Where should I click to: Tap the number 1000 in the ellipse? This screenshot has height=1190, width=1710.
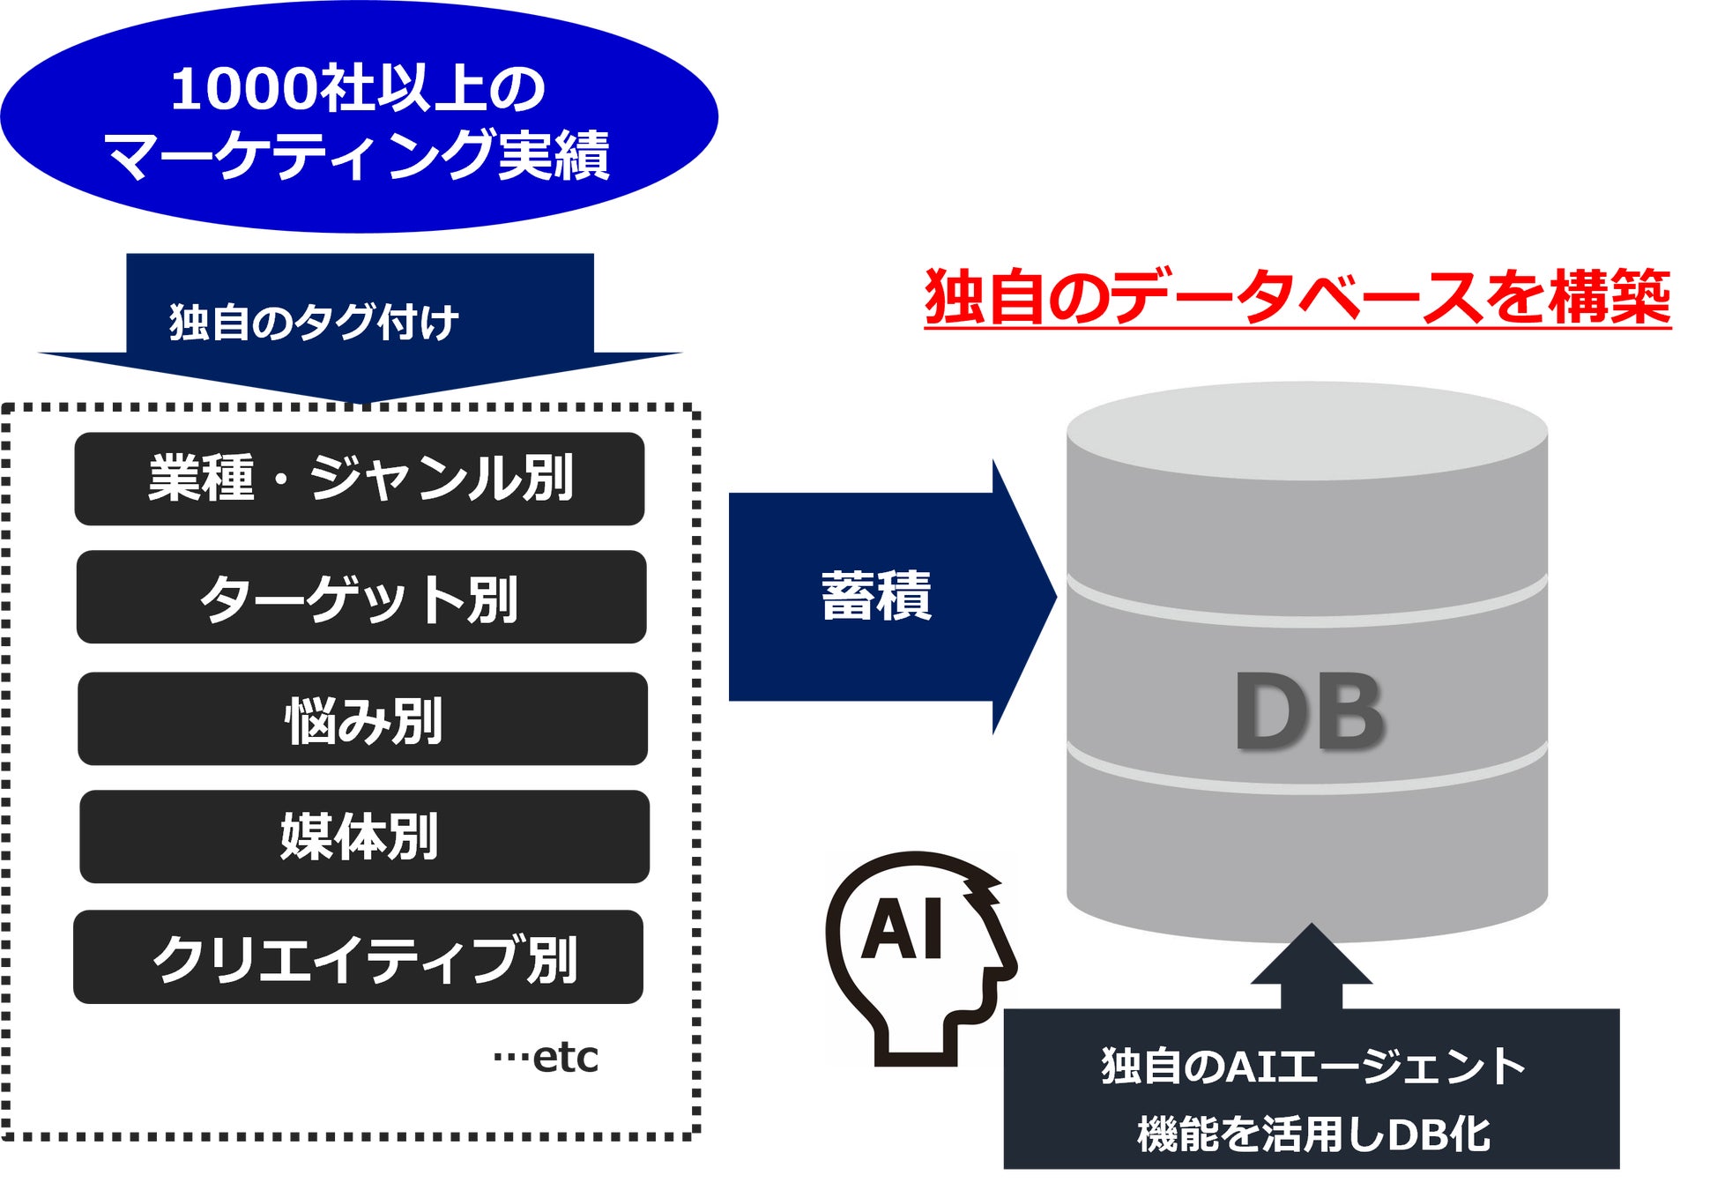click(244, 89)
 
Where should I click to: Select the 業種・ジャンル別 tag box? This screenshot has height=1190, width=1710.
click(360, 479)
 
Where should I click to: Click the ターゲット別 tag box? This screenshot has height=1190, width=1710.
click(361, 598)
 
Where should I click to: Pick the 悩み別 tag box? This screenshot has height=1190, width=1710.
click(362, 719)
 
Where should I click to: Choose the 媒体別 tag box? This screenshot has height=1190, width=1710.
click(364, 837)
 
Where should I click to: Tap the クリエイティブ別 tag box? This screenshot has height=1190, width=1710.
click(359, 957)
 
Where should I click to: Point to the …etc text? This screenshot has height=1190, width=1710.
click(546, 1057)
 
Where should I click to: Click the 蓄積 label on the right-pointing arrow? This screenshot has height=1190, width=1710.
click(875, 597)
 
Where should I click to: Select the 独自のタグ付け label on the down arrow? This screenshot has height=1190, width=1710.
click(314, 322)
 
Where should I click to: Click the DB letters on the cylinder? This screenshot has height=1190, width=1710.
click(1308, 710)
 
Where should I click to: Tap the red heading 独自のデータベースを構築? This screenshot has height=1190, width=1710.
click(1297, 297)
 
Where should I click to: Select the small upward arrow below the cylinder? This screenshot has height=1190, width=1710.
click(1311, 963)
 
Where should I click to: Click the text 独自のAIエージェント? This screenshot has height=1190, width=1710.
click(1312, 1066)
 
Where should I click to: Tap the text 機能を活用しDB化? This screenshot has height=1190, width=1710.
click(1312, 1134)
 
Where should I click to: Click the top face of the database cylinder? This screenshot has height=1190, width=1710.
click(1307, 431)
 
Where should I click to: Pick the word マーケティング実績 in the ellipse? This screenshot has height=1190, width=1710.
click(357, 155)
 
